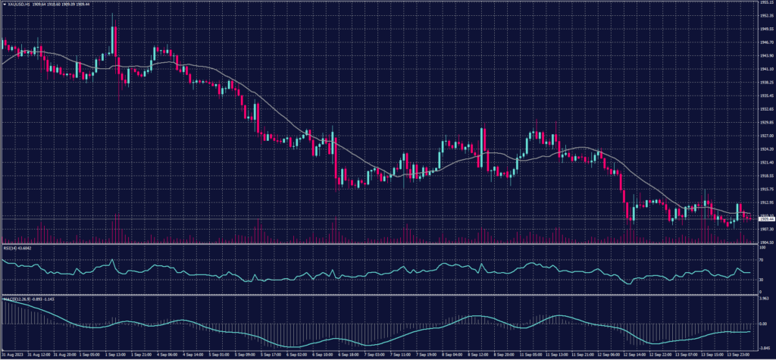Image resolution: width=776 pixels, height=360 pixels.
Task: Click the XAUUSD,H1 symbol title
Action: (17, 3)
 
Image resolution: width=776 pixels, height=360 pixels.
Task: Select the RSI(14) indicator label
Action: (10, 247)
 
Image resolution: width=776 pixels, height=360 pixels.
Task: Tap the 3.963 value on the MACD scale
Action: (763, 300)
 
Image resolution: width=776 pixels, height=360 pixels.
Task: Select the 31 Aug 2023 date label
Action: (11, 355)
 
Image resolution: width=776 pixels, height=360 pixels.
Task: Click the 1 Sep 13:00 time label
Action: (116, 355)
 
